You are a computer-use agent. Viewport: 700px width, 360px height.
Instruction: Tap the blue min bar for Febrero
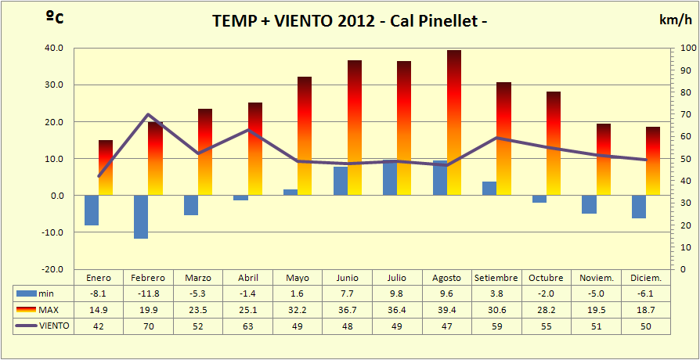[141, 217]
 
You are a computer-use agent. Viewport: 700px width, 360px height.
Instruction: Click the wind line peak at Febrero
[148, 115]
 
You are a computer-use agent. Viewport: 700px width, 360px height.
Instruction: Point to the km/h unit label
[675, 21]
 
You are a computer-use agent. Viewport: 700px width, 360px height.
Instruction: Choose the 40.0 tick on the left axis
[53, 48]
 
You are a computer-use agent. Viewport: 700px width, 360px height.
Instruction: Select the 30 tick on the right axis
[686, 203]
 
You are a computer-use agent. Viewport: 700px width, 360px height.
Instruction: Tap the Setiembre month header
[496, 278]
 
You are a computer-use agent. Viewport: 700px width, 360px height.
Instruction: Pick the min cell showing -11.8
[148, 293]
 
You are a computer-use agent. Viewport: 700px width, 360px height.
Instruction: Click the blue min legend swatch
[26, 293]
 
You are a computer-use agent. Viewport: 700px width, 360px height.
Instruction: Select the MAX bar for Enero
[106, 167]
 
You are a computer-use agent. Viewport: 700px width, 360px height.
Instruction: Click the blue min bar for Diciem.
[639, 207]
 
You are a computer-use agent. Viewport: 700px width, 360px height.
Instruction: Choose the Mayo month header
[298, 278]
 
